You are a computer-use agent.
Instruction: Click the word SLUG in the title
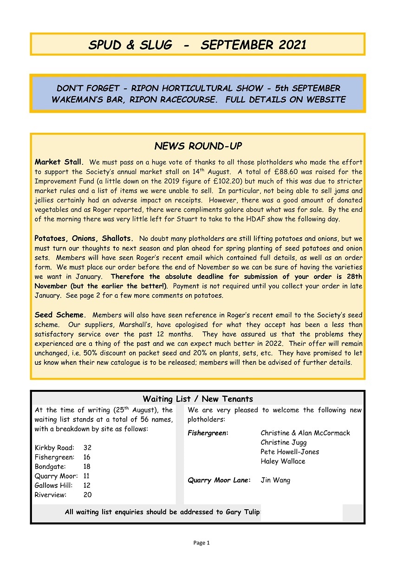pyautogui.click(x=155, y=45)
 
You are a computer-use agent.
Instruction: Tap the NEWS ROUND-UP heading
pyautogui.click(x=198, y=146)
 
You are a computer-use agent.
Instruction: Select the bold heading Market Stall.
pyautogui.click(x=59, y=162)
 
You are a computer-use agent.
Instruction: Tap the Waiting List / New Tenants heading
pyautogui.click(x=198, y=399)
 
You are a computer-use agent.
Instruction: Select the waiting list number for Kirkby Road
pyautogui.click(x=87, y=448)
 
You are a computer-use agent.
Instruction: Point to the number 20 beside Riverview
pyautogui.click(x=87, y=495)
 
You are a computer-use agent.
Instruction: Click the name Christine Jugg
pyautogui.click(x=283, y=442)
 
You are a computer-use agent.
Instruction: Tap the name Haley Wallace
pyautogui.click(x=283, y=461)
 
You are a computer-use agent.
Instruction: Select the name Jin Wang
pyautogui.click(x=275, y=480)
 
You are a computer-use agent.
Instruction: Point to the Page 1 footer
pyautogui.click(x=201, y=543)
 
